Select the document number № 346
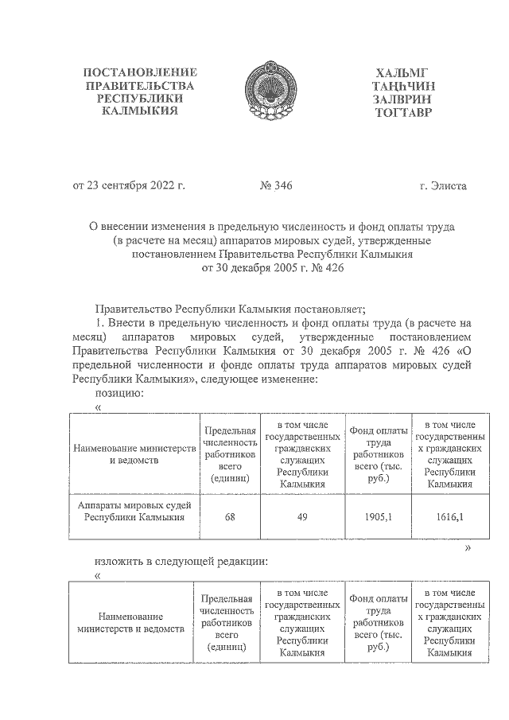pos(276,186)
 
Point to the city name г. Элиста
pos(443,186)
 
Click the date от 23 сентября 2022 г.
pos(129,186)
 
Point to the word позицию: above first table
pos(119,392)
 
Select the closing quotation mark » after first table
pos(468,548)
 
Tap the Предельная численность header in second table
pos(227,622)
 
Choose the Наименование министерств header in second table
pos(130,622)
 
